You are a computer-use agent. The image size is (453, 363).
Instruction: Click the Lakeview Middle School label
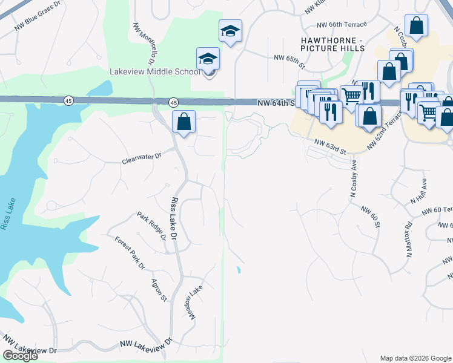tap(154, 71)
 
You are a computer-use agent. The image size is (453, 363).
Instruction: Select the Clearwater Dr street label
tap(142, 159)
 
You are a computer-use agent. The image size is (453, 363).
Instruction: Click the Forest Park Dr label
tap(130, 252)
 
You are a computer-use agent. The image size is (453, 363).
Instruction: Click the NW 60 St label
tap(370, 217)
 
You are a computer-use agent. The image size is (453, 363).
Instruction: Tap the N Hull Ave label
tap(418, 191)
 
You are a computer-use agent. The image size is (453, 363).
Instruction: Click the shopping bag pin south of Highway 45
tap(184, 122)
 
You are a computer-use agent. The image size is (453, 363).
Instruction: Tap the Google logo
tap(20, 356)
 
